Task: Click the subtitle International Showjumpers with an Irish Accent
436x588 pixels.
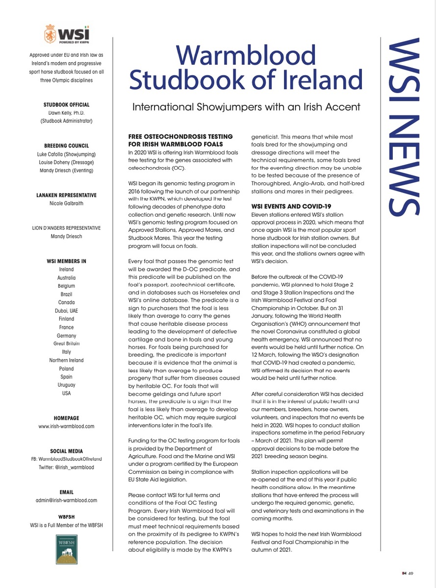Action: [x=247, y=107]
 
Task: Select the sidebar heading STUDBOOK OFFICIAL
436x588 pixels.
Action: [x=66, y=105]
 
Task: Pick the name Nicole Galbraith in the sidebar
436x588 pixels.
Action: [x=66, y=203]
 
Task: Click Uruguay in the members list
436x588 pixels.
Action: [x=66, y=385]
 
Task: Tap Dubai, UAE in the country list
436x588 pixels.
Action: [x=66, y=310]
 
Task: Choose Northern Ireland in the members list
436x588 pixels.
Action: [x=66, y=360]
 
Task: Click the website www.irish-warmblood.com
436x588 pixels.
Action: [x=66, y=427]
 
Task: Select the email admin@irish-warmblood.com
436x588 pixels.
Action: [x=66, y=500]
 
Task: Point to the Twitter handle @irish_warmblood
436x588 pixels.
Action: [x=66, y=467]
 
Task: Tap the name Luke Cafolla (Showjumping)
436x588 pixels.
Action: [x=66, y=154]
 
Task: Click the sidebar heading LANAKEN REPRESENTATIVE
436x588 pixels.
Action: [x=66, y=195]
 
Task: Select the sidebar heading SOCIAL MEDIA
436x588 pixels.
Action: [x=66, y=451]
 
